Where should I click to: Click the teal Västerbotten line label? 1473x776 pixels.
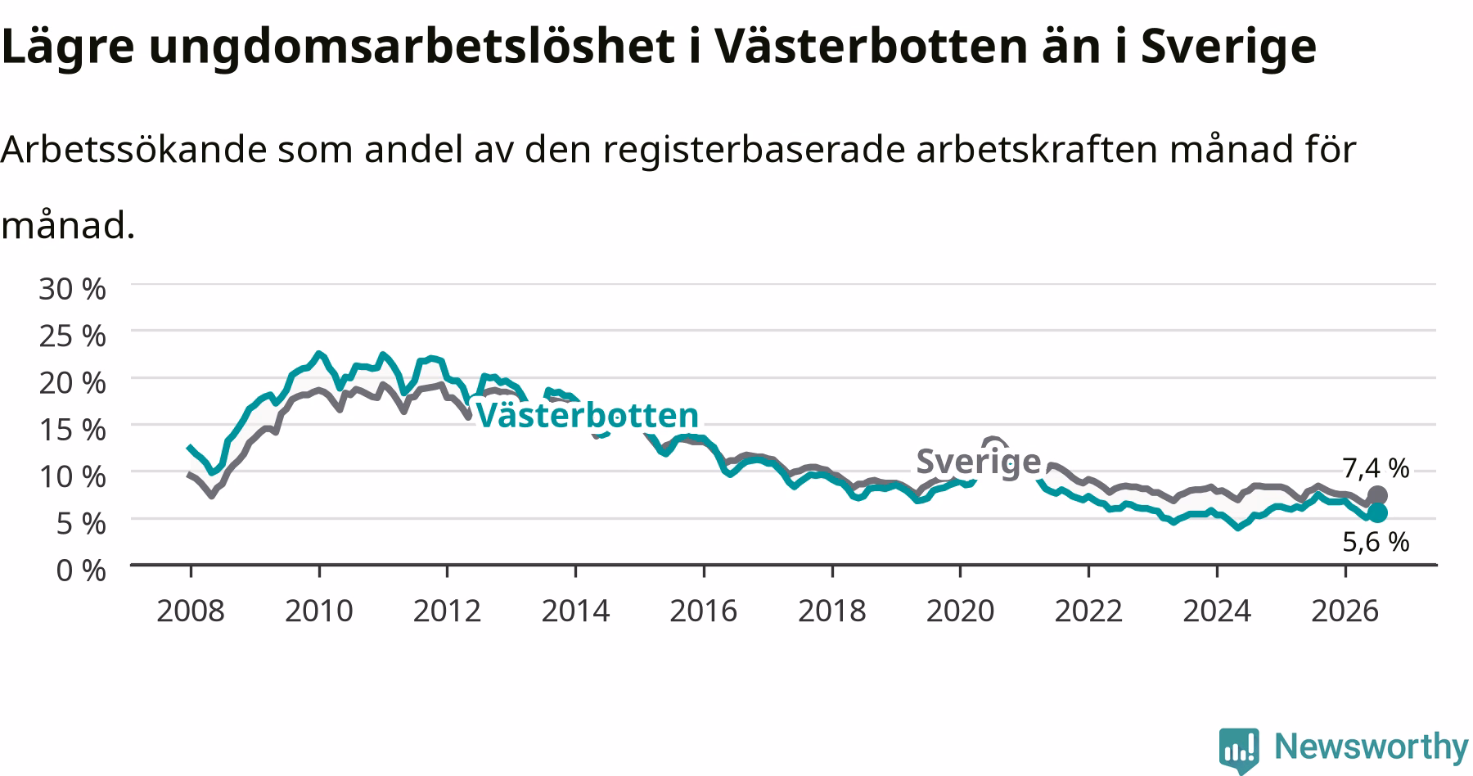tap(587, 416)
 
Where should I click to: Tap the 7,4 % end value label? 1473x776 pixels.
tap(1376, 468)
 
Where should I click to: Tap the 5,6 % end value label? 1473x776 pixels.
tap(1376, 541)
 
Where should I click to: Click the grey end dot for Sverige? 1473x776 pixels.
tap(1377, 495)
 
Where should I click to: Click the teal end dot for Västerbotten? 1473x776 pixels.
tap(1377, 512)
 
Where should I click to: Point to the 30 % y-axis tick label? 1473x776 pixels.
tap(72, 288)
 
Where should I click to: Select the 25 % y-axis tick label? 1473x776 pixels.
tap(72, 336)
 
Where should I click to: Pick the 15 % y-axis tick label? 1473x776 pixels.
tap(72, 429)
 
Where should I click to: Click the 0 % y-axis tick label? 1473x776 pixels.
tap(80, 570)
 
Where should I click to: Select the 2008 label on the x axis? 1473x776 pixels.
tap(190, 611)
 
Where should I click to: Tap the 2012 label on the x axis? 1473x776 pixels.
tap(447, 611)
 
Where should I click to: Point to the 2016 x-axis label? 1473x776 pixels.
tap(704, 611)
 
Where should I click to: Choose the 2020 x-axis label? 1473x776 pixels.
tap(960, 611)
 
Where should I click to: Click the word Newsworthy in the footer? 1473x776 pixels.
tap(1372, 747)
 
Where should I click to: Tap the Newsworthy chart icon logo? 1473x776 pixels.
tap(1240, 748)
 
